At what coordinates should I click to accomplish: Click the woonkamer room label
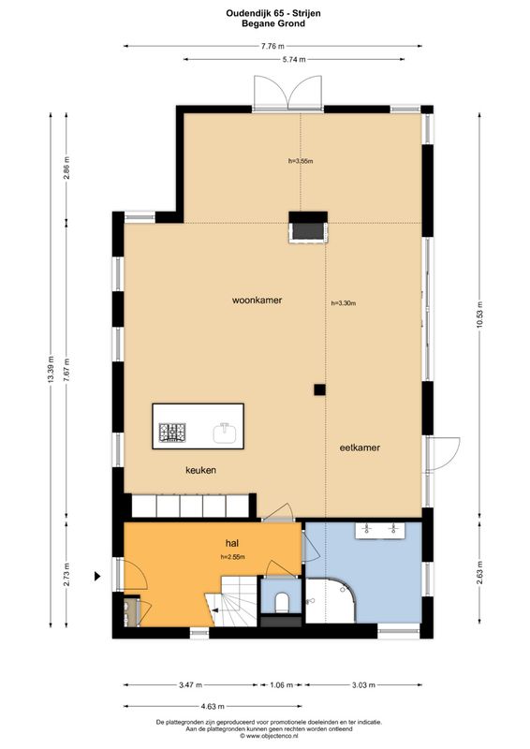coord(258,301)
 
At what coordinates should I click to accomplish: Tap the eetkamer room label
coord(360,448)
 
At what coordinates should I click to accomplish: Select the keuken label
coord(200,470)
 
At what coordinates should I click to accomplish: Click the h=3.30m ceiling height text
coord(344,303)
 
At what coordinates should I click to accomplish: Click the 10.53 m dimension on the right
coord(479,313)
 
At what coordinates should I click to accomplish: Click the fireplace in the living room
coord(306,228)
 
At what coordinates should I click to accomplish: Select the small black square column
coord(319,389)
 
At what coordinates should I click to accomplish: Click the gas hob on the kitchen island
coord(172,433)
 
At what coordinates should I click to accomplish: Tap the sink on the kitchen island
coord(224,432)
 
